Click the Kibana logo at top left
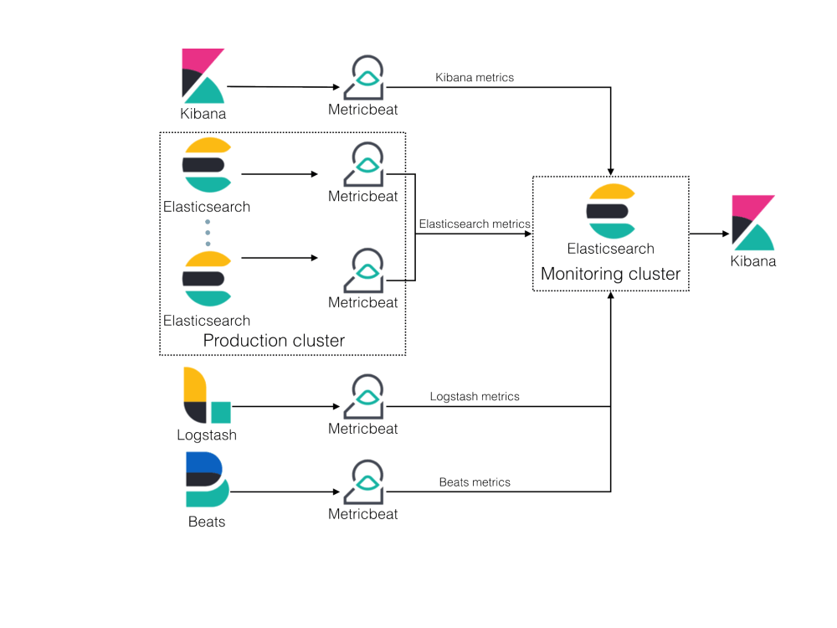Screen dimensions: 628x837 click(x=203, y=76)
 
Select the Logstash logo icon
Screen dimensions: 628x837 click(x=206, y=395)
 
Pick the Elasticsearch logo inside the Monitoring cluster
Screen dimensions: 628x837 click(x=610, y=211)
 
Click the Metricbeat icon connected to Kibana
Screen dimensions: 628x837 click(x=362, y=79)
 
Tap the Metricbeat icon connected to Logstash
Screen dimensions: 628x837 click(x=362, y=397)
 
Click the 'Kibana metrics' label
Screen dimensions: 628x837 click(x=475, y=77)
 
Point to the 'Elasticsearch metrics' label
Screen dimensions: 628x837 click(x=474, y=224)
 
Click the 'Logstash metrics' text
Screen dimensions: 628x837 click(x=475, y=396)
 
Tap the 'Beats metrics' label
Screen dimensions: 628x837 click(x=475, y=481)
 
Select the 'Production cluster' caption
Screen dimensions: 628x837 click(x=274, y=340)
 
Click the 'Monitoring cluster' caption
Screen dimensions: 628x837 click(x=610, y=274)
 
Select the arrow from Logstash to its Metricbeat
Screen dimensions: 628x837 click(x=285, y=408)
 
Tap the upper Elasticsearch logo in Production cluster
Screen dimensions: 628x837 click(x=206, y=165)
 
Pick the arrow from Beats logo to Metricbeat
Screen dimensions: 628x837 click(x=285, y=492)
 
